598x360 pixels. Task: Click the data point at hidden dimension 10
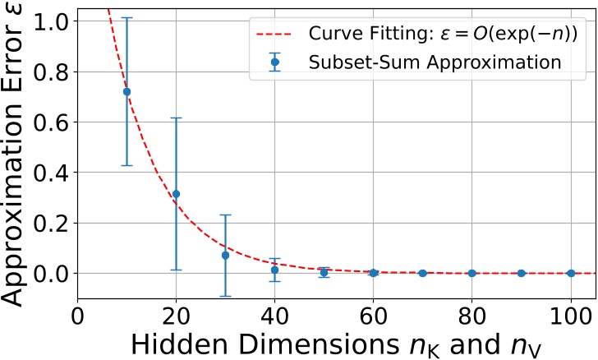click(126, 91)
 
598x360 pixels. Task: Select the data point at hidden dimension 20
click(176, 194)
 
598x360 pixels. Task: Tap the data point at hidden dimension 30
click(225, 255)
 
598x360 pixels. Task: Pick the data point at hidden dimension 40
click(274, 270)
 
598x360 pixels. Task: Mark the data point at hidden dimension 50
click(324, 272)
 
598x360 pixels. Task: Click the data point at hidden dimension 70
click(422, 273)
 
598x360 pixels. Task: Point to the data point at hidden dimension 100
click(570, 273)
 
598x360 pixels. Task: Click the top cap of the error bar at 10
click(126, 17)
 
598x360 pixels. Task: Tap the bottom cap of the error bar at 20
click(176, 270)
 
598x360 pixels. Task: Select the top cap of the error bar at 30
click(225, 215)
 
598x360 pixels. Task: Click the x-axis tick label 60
click(373, 316)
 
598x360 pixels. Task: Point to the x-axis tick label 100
click(570, 316)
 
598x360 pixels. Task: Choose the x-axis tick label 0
click(77, 316)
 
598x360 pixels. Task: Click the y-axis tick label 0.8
click(51, 71)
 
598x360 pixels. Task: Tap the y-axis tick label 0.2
click(51, 223)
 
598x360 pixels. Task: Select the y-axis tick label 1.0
click(51, 20)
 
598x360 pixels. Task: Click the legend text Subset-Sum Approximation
click(435, 62)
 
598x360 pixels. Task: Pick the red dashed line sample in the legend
click(274, 35)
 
